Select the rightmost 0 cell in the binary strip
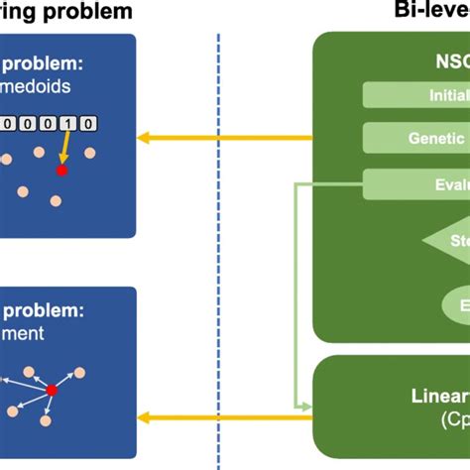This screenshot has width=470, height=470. coord(88,124)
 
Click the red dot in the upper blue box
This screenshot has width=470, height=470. coord(61,171)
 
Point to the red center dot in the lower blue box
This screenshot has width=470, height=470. coord(53,391)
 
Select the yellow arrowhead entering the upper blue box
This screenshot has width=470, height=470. coord(144,138)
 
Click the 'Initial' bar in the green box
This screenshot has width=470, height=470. coord(416,95)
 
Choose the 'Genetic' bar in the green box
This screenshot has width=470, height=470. coord(416,138)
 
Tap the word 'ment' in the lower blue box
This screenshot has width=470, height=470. coord(23,333)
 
